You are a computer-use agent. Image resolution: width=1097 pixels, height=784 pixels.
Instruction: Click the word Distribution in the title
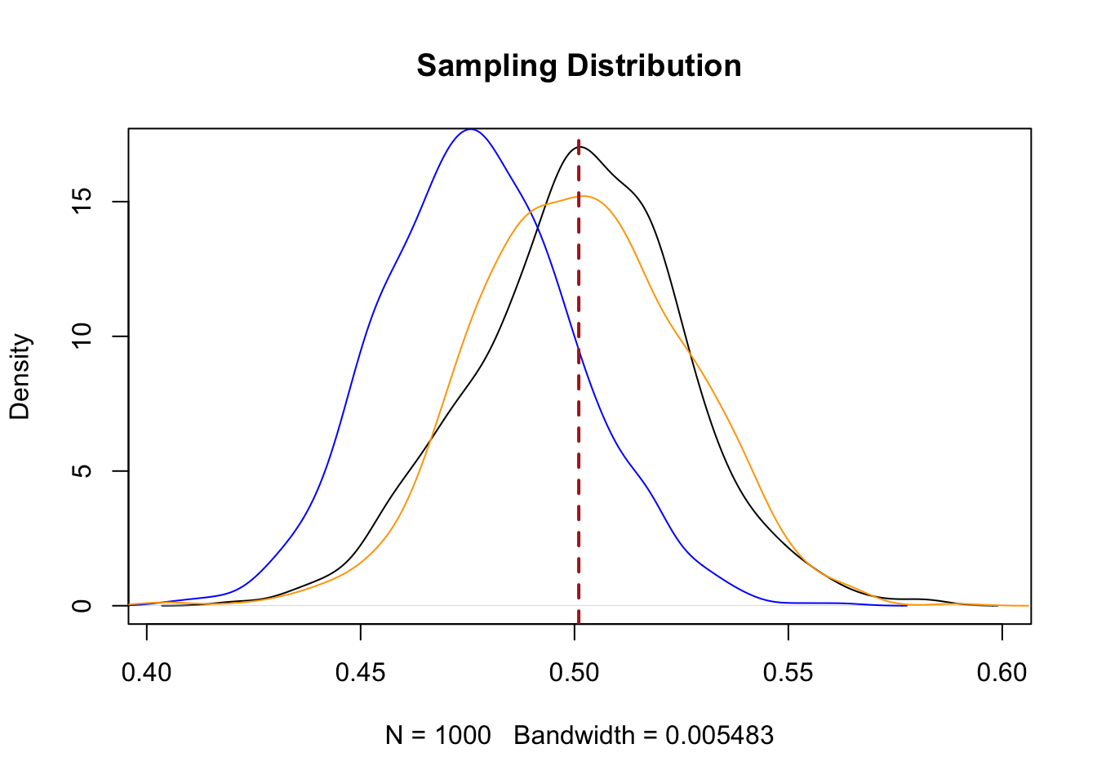tap(650, 66)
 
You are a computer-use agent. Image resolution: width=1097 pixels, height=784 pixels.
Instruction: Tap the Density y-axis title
tap(20, 376)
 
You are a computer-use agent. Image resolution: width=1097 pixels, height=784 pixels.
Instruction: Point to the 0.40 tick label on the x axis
tap(147, 672)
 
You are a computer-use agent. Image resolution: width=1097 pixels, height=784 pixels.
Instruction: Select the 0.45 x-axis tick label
tap(361, 672)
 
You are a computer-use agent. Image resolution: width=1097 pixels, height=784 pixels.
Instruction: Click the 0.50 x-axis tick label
tap(575, 672)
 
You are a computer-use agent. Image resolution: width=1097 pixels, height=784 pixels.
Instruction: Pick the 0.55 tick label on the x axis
tap(788, 672)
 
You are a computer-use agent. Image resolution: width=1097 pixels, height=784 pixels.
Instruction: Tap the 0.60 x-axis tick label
tap(1002, 672)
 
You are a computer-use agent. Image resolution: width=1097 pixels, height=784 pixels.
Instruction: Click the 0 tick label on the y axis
tap(82, 606)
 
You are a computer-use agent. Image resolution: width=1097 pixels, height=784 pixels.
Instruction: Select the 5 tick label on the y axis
tap(82, 471)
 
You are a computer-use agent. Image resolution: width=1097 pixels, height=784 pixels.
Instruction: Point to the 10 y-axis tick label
tap(82, 336)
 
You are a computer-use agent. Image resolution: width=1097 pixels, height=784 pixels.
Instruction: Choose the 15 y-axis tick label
tap(82, 202)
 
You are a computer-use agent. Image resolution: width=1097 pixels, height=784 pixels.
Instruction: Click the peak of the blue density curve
tap(471, 129)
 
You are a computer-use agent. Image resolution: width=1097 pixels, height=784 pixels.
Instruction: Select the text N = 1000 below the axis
tap(438, 736)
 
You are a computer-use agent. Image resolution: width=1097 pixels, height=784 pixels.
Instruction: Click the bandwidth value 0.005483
tap(719, 736)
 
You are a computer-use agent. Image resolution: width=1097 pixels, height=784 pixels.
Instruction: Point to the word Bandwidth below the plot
tap(574, 736)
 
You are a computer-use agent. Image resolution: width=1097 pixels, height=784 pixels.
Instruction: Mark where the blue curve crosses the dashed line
tap(579, 349)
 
